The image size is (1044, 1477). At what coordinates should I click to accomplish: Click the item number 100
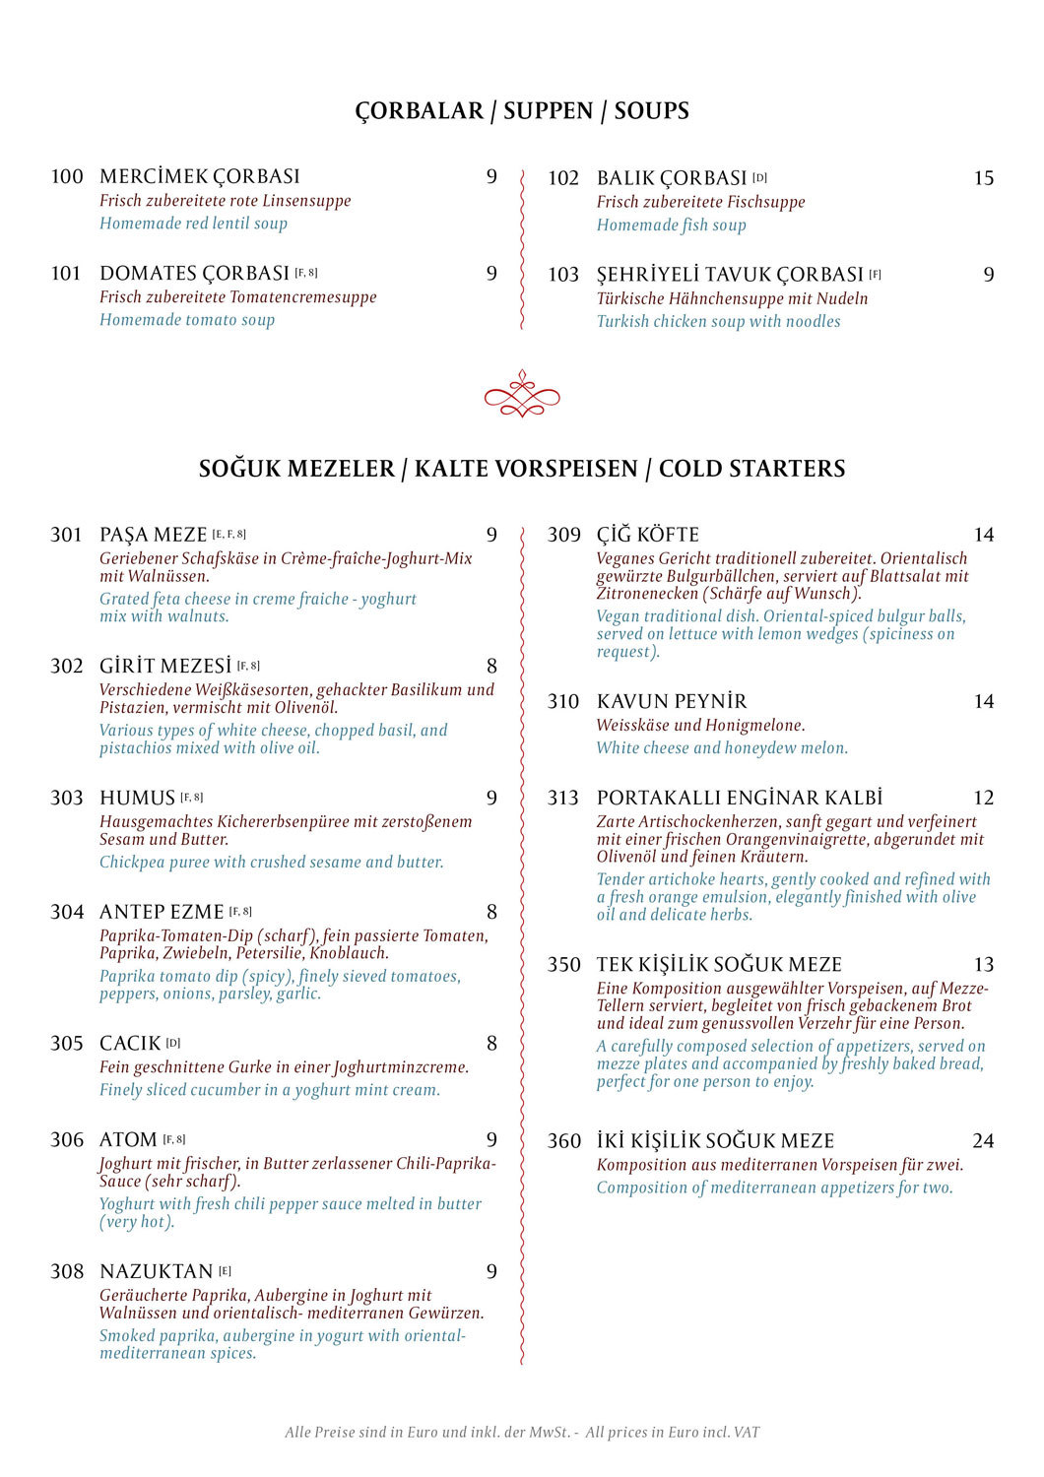click(x=67, y=177)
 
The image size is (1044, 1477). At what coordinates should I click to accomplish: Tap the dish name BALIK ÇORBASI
click(x=672, y=178)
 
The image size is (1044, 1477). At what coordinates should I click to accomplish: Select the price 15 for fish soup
click(x=983, y=178)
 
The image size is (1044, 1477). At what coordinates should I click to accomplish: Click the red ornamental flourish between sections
click(x=522, y=395)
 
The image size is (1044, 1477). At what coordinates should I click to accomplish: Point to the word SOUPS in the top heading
click(x=651, y=111)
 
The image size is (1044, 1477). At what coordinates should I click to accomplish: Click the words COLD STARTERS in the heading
click(x=751, y=469)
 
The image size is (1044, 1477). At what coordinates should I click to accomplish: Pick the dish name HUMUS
click(x=137, y=799)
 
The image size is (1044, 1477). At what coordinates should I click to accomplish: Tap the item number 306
click(x=67, y=1140)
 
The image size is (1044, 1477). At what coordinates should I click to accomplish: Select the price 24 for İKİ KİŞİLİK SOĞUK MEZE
click(x=983, y=1141)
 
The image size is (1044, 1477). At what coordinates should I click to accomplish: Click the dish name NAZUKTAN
click(x=157, y=1272)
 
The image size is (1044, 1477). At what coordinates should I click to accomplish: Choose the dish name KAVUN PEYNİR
click(x=672, y=702)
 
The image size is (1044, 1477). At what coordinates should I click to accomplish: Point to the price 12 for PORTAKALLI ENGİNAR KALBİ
click(x=983, y=799)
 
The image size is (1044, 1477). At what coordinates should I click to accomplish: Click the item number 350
click(x=564, y=965)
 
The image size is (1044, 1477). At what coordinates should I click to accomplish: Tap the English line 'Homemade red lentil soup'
click(x=193, y=224)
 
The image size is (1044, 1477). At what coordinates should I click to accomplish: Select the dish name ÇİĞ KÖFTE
click(x=648, y=536)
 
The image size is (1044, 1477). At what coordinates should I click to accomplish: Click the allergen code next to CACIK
click(x=173, y=1043)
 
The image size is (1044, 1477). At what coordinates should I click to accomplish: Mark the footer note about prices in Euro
click(x=522, y=1433)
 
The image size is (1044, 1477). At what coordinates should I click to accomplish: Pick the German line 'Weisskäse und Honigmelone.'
click(x=700, y=726)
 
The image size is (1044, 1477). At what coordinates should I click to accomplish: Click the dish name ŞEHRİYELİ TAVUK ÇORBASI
click(x=730, y=275)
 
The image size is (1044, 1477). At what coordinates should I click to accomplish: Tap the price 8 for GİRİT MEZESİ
click(x=491, y=667)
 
